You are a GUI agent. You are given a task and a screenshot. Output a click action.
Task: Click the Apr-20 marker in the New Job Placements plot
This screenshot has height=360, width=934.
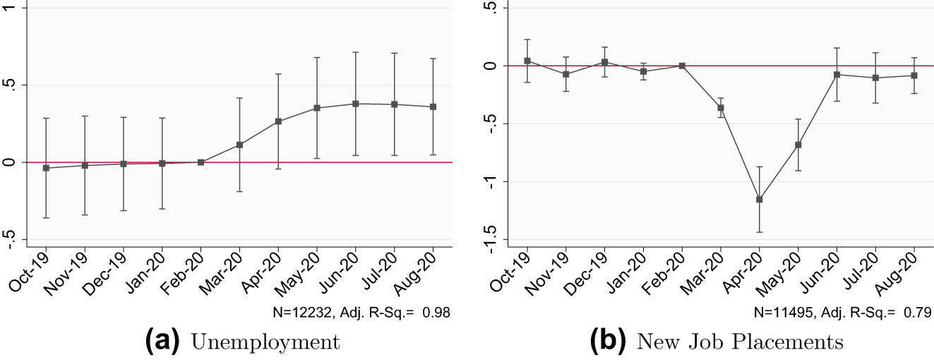(760, 199)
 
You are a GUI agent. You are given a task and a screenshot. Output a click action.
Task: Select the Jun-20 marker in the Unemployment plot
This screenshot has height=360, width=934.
(356, 104)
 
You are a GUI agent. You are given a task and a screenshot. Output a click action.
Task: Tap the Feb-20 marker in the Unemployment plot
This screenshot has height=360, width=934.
(201, 162)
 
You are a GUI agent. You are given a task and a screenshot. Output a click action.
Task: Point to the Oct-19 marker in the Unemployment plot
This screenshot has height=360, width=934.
(46, 168)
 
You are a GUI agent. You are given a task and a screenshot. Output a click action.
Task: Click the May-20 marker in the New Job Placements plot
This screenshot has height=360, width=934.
(798, 145)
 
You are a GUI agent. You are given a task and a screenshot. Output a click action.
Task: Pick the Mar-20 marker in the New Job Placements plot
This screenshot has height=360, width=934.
(721, 108)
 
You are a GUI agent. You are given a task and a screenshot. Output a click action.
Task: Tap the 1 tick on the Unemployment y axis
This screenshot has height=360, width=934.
(6, 8)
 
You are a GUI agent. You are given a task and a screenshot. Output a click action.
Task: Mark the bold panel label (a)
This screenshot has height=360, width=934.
(165, 342)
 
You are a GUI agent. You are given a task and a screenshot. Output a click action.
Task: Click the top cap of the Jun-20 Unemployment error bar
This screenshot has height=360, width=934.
(356, 52)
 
